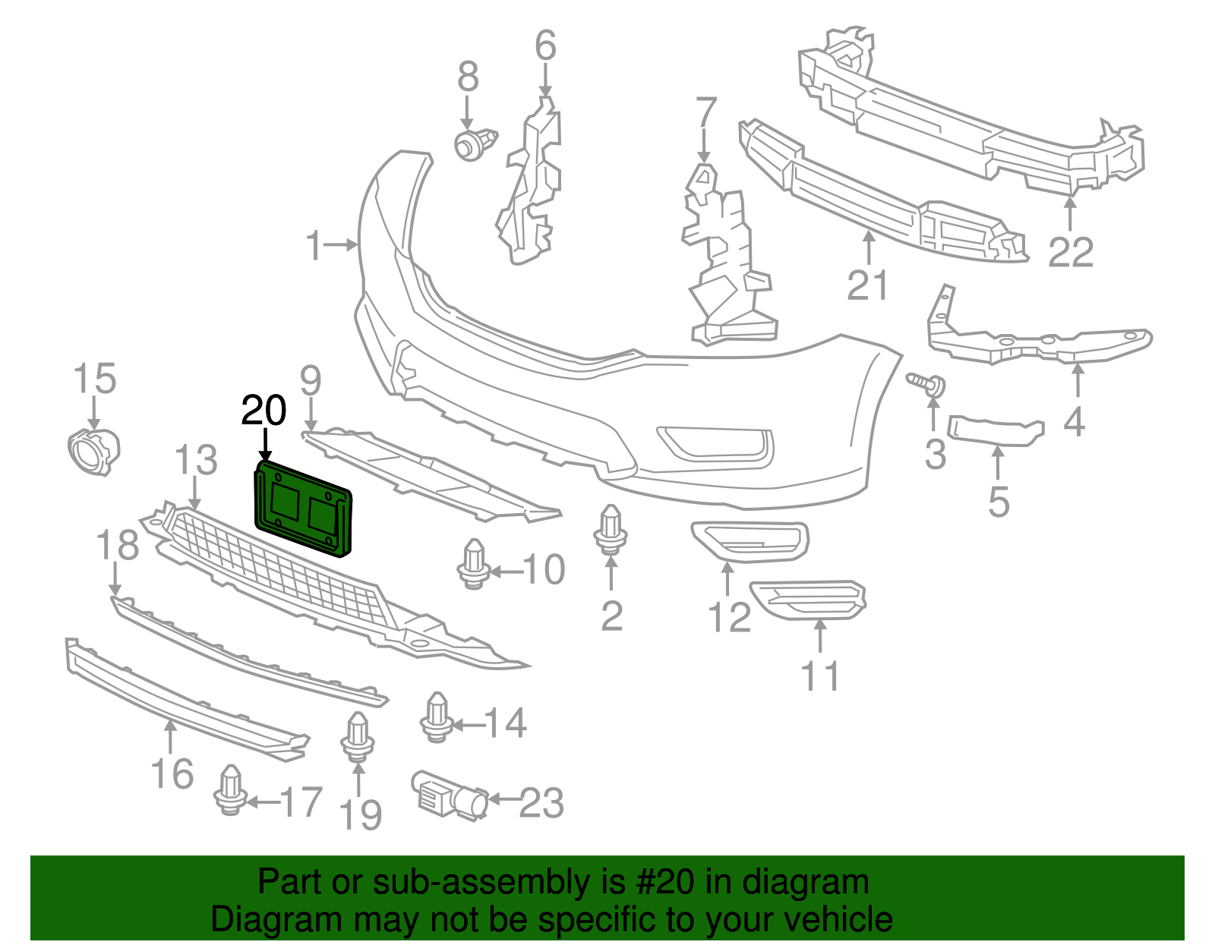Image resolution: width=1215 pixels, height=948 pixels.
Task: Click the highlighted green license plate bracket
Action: pos(302,509)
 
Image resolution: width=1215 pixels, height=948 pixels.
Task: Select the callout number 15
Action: pos(94,378)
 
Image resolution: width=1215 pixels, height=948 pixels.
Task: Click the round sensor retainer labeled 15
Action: pos(93,452)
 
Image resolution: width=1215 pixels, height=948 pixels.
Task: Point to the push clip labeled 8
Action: pos(475,144)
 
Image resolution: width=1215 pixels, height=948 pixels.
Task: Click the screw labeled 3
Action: pos(926,384)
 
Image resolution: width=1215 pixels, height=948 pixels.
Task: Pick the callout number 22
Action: pos(1071,253)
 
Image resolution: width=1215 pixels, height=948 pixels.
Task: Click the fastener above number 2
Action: pos(611,530)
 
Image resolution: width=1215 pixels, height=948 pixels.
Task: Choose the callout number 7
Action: pos(706,112)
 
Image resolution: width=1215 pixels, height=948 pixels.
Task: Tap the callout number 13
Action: pos(196,460)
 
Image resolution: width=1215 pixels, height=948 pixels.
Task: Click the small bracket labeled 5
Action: pos(996,430)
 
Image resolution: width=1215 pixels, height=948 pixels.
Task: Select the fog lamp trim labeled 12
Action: pos(750,542)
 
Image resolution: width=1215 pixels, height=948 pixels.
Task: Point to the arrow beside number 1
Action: pos(340,244)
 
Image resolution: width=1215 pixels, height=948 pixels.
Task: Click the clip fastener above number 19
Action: pos(358,737)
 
